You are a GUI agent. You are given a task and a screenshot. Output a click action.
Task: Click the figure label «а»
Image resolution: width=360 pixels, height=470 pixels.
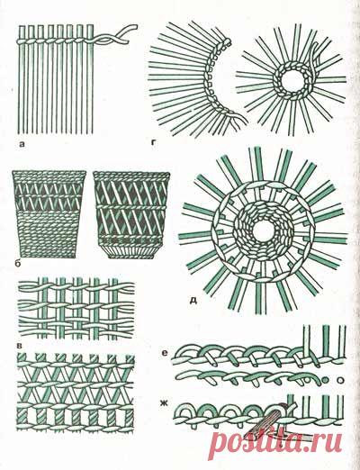[x=22, y=145]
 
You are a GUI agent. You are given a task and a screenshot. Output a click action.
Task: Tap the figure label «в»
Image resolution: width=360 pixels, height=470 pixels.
[x=20, y=347]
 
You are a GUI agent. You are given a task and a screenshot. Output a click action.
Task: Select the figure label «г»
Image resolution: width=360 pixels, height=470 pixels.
[x=154, y=142]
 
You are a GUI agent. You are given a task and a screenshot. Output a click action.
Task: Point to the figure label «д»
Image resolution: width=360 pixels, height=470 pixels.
[x=193, y=300]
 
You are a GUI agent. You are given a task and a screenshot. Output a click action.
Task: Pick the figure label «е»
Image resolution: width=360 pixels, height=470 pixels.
[x=164, y=353]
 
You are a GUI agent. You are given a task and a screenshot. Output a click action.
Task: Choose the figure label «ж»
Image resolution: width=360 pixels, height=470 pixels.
[x=165, y=403]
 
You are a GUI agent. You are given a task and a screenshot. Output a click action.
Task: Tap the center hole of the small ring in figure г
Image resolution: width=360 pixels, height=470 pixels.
[x=292, y=80]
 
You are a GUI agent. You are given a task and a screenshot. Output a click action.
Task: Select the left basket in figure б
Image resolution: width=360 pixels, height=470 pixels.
[x=49, y=214]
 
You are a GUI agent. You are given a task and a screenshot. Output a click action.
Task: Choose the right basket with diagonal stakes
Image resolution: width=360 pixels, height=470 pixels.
[x=131, y=214]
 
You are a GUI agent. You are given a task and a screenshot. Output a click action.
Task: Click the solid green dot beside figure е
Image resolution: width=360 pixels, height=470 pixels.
[x=325, y=381]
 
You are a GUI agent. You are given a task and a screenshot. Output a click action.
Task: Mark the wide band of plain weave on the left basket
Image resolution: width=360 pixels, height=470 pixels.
[x=48, y=233]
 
